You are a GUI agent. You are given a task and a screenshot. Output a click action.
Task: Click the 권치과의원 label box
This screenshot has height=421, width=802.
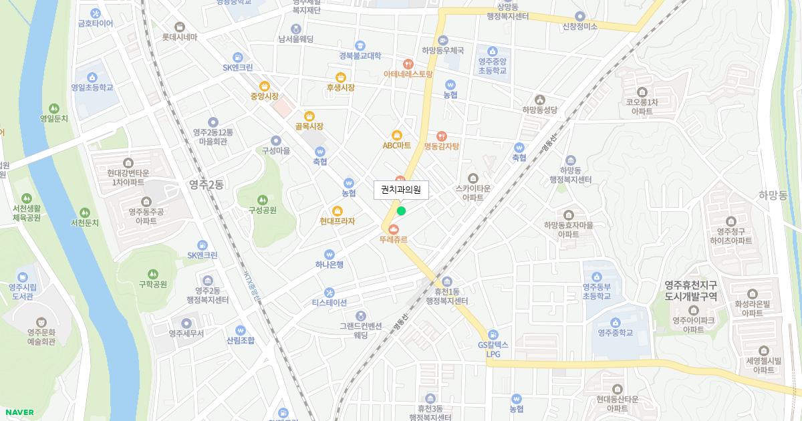[x=401, y=190]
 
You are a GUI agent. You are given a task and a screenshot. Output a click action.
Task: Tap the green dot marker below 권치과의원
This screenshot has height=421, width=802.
[x=401, y=211]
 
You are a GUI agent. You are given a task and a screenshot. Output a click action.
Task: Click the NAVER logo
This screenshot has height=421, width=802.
[x=19, y=412]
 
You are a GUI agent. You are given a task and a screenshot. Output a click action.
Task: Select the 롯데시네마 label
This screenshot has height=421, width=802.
[x=180, y=37]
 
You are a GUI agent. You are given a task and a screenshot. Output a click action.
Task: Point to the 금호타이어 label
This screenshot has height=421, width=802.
[x=96, y=23]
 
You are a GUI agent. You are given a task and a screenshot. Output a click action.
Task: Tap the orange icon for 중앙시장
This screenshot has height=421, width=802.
[x=264, y=86]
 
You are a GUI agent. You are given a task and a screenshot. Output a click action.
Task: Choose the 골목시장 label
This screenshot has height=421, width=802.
[x=309, y=126]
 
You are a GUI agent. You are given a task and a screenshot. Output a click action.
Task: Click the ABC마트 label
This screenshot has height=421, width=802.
[x=396, y=144]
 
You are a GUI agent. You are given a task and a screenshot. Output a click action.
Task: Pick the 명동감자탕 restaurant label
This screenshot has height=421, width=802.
[x=441, y=146]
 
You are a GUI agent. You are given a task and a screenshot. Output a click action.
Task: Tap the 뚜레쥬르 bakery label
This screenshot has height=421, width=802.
[x=393, y=239]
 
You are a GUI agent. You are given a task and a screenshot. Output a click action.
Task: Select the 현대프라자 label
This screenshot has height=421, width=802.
[x=337, y=221]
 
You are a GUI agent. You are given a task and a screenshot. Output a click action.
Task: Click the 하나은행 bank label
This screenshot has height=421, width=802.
[x=329, y=264]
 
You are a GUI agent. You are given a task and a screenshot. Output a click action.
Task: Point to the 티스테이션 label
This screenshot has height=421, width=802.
[x=329, y=302]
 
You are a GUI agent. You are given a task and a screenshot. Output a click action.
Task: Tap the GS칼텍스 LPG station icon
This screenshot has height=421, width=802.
[x=493, y=334]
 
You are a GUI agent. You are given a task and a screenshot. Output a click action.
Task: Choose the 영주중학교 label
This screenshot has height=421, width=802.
[x=615, y=332]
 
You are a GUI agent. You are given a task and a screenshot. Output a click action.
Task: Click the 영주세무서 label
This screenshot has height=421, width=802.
[x=186, y=333]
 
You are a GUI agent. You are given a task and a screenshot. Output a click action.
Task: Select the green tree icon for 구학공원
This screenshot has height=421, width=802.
[x=152, y=273]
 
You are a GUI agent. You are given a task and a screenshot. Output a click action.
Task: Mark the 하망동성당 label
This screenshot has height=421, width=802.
[x=539, y=110]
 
